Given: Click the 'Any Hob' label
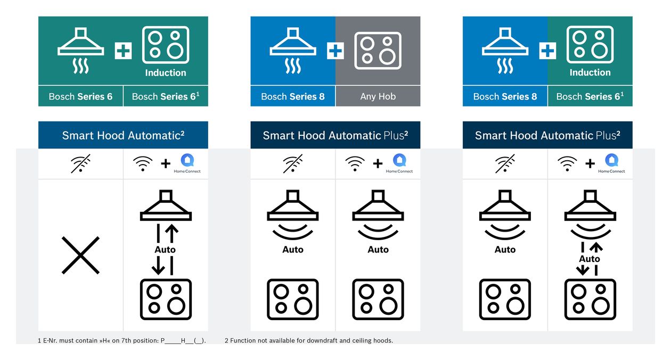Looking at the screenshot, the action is coord(378,96).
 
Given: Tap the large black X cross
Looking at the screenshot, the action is coord(80,255).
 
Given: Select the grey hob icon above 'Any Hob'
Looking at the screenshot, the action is coord(378,51).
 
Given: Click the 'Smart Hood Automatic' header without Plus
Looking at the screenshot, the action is coord(123,135).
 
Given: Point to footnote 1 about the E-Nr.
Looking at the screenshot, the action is coord(122,340).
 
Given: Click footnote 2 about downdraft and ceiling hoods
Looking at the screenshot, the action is coord(309,340).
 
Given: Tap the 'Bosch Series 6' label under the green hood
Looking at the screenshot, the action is coord(80,96).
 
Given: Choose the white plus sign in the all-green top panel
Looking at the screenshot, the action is coord(123,51).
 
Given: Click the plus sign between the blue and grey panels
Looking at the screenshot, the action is coord(335,51).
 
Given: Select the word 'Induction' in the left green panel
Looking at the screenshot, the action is coord(166,72).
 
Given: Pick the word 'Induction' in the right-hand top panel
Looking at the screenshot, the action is coord(590,72).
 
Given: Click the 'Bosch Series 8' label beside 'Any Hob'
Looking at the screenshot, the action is coord(293,96).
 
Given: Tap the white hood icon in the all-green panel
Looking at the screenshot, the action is coord(80,51).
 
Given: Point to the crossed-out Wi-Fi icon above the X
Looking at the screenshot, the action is coord(80,163).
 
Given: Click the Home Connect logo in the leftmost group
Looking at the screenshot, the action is coord(187,163).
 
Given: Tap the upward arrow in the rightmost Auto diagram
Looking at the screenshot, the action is coord(596,247).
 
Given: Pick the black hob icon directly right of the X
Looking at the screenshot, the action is coord(166,299).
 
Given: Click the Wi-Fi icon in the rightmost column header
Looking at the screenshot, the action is coord(567,163).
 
